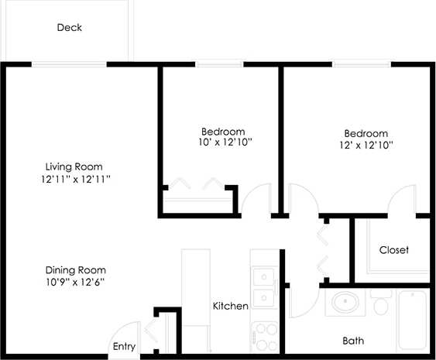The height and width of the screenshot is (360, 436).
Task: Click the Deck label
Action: click(x=70, y=28)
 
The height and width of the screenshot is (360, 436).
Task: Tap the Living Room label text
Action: click(x=74, y=166)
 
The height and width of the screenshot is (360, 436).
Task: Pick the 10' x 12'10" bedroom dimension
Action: click(x=223, y=143)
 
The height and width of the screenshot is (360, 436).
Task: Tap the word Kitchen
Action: click(x=231, y=307)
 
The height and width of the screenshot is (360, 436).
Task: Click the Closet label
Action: click(x=394, y=250)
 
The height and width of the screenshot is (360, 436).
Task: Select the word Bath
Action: click(x=354, y=341)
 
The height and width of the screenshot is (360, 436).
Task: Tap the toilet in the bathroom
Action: click(x=379, y=303)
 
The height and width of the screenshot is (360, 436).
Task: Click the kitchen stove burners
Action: click(x=265, y=335)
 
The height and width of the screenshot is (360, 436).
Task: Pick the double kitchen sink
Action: click(x=265, y=286)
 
